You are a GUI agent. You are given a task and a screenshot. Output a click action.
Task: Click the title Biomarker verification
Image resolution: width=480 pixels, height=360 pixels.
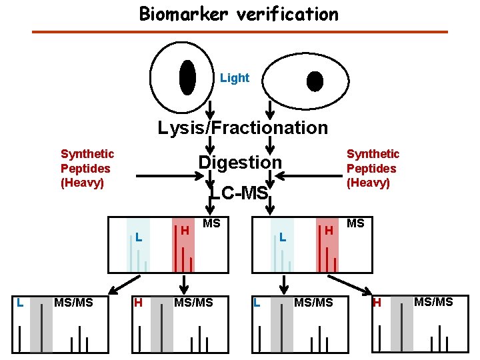pyautogui.click(x=239, y=14)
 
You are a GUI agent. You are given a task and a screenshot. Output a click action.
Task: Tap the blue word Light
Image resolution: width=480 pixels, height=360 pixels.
pyautogui.click(x=235, y=78)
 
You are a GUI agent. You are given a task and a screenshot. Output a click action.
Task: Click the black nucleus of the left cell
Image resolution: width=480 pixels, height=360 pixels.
pyautogui.click(x=187, y=78)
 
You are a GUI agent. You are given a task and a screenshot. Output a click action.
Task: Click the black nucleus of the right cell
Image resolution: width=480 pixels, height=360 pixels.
pyautogui.click(x=315, y=81)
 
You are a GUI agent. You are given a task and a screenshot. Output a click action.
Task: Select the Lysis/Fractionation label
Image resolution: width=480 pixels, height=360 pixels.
pyautogui.click(x=243, y=127)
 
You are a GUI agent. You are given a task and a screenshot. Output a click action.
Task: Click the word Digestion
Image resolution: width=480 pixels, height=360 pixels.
pyautogui.click(x=240, y=162)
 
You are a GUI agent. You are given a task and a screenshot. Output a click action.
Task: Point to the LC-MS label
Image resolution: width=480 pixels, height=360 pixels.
pyautogui.click(x=239, y=193)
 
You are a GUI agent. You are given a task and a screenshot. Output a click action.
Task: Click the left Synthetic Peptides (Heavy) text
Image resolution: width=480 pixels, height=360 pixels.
pyautogui.click(x=87, y=168)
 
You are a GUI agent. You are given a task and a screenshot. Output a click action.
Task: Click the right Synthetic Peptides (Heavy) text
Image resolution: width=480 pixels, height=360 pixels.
pyautogui.click(x=373, y=168)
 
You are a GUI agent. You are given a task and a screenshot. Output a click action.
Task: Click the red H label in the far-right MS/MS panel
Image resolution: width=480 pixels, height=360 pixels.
pyautogui.click(x=376, y=303)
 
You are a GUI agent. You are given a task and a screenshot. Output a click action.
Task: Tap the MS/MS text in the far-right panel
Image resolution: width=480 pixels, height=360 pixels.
pyautogui.click(x=433, y=302)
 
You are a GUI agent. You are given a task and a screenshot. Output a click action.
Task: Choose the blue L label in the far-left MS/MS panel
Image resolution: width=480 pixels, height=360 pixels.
pyautogui.click(x=20, y=303)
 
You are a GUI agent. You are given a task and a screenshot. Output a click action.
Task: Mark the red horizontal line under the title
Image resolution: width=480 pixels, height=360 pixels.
pyautogui.click(x=240, y=32)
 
